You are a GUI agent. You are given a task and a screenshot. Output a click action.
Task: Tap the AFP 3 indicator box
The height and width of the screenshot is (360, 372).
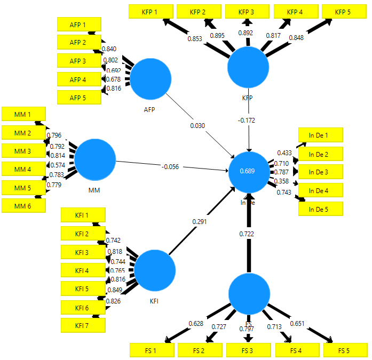[x=78, y=61]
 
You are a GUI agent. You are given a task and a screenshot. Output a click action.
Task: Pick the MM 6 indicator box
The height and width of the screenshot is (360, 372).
[x=23, y=206]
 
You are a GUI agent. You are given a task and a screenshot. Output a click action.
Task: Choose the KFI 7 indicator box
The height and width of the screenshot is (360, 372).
[x=83, y=325]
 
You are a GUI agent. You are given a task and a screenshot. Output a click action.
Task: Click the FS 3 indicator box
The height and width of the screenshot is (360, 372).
[x=248, y=350]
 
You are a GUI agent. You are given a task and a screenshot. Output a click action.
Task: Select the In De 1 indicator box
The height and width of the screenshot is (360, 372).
[x=320, y=135]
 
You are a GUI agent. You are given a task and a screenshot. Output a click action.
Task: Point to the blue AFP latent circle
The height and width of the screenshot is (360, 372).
[x=151, y=78]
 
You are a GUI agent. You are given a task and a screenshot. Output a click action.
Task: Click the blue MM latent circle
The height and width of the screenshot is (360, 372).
[x=95, y=159]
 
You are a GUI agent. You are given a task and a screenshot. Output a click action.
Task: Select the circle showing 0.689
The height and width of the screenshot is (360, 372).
[x=249, y=172]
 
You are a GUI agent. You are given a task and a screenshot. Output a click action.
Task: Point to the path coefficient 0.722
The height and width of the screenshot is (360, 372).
[x=249, y=234]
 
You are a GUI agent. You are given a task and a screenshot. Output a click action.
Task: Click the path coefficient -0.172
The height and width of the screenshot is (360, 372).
[x=247, y=121]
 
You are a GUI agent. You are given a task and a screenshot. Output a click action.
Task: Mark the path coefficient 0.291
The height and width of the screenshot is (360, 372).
[x=199, y=221]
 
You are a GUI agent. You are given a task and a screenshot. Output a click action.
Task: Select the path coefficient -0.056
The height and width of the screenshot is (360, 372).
[x=170, y=166]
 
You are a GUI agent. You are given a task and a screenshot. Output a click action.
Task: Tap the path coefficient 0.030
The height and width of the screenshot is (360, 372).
[x=197, y=125]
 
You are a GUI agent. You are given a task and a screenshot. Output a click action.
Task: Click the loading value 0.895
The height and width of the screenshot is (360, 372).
[x=217, y=35]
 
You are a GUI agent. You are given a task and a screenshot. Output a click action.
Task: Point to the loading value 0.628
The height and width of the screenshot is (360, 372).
[x=196, y=324]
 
